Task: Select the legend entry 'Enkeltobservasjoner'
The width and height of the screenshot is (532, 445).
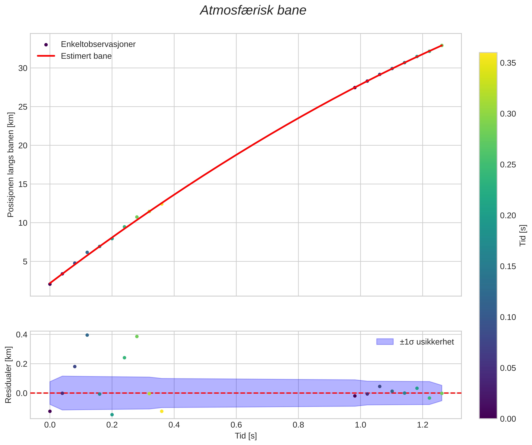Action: click(98, 44)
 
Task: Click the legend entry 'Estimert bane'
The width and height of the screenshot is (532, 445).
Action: click(86, 56)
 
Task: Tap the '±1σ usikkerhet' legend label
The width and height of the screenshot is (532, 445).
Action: click(427, 342)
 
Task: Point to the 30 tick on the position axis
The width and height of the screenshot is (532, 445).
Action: click(23, 68)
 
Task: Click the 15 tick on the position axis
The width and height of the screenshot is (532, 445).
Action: click(23, 184)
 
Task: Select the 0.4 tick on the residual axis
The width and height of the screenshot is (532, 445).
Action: click(22, 335)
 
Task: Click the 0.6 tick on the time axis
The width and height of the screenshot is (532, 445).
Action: click(236, 425)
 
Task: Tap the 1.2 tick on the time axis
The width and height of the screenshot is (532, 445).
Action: click(423, 425)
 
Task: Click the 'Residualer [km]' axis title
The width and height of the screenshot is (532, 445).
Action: click(8, 375)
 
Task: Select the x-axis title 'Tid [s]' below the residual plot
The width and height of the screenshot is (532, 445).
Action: click(246, 436)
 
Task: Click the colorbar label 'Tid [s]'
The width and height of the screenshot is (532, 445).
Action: click(523, 236)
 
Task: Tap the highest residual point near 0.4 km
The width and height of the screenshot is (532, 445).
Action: click(87, 335)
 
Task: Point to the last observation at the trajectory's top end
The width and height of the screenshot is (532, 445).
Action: click(442, 45)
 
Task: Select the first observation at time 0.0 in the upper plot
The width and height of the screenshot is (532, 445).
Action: click(50, 284)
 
